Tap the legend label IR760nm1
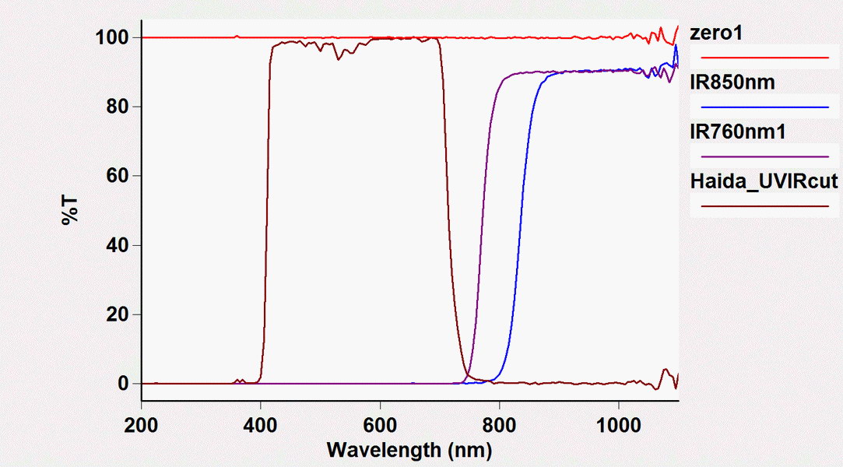[738, 132]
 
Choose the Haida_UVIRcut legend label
[764, 182]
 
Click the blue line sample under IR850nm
[765, 106]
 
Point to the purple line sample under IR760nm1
[765, 156]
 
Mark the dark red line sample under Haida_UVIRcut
[765, 206]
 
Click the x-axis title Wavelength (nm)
[409, 449]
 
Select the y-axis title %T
[71, 210]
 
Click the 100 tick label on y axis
[111, 37]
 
